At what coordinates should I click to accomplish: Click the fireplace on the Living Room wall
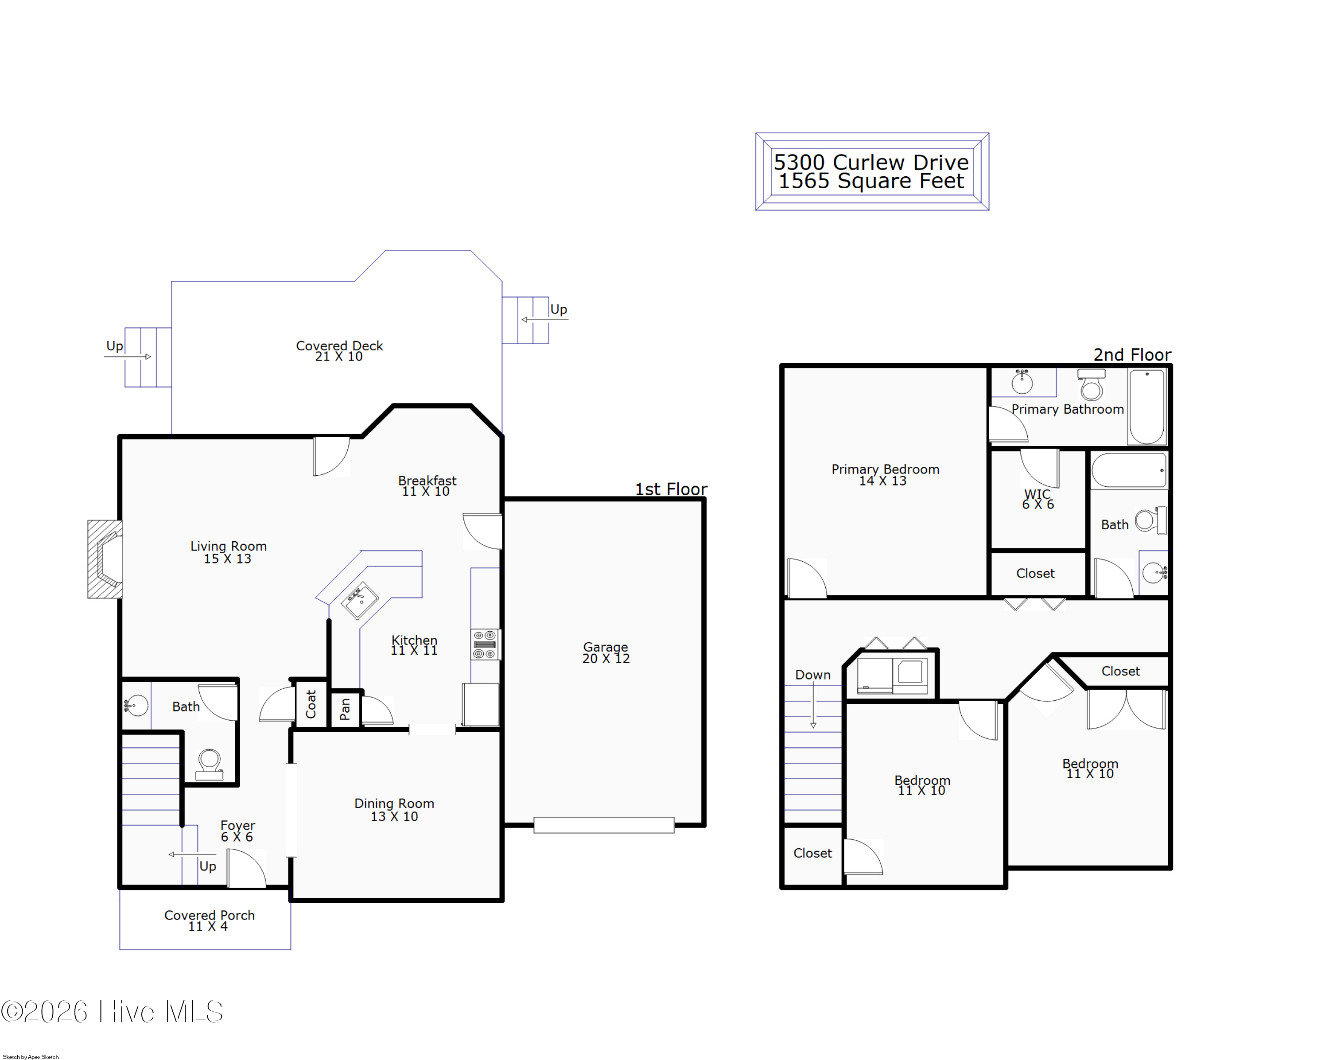(105, 559)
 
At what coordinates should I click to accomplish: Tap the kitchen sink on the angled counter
(361, 600)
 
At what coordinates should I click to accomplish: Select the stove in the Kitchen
(485, 645)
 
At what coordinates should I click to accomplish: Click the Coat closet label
(311, 704)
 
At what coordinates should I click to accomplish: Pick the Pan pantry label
(345, 709)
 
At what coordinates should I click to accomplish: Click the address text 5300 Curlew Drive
(871, 162)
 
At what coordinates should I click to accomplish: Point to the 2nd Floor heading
(1132, 355)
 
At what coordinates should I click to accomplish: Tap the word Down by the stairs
(812, 675)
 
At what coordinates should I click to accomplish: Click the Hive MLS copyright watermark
(112, 1012)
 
